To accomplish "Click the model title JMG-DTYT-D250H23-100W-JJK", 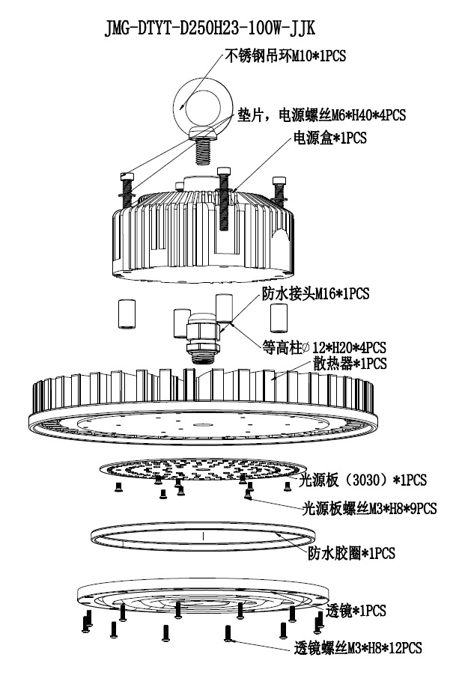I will point(209,28).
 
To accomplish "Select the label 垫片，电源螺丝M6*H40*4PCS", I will point(321,115).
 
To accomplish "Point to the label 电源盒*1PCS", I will point(329,139).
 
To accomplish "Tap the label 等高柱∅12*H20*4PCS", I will point(324,347).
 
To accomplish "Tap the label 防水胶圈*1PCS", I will point(351,554).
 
